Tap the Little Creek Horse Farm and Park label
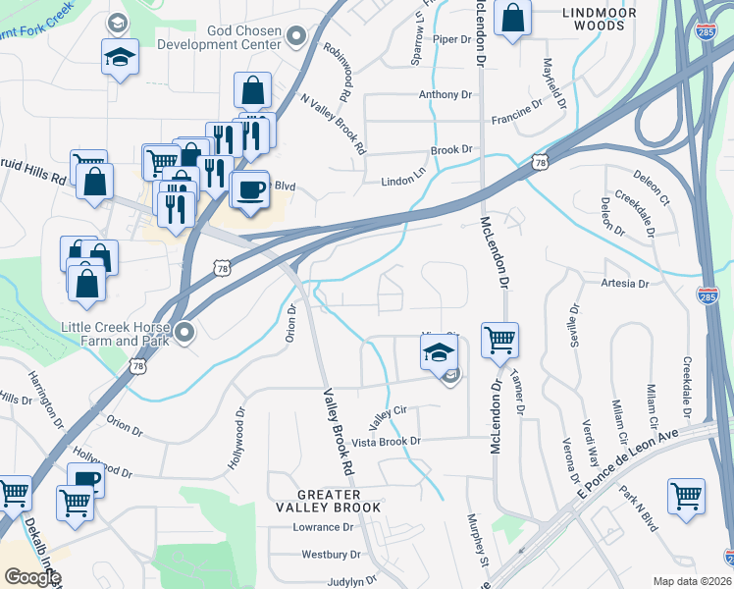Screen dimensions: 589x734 point(115,334)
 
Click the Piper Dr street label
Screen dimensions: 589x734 point(452,39)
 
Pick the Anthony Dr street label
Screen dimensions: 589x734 point(446,95)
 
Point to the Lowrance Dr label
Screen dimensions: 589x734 point(321,527)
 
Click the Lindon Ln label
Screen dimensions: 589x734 point(402,183)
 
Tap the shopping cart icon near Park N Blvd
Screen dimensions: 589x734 point(686,495)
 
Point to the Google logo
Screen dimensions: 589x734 point(32,577)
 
